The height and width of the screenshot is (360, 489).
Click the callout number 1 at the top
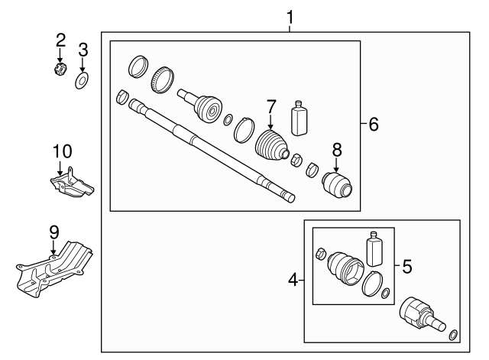290,15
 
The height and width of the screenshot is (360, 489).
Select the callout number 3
83,50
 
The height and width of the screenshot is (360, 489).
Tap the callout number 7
270,105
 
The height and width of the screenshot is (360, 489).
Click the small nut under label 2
60,71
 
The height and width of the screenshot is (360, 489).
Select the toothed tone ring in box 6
164,78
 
